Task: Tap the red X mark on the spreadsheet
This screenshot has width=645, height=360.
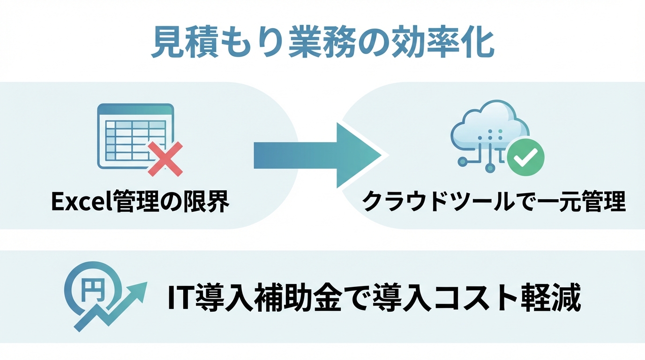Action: [x=165, y=160]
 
